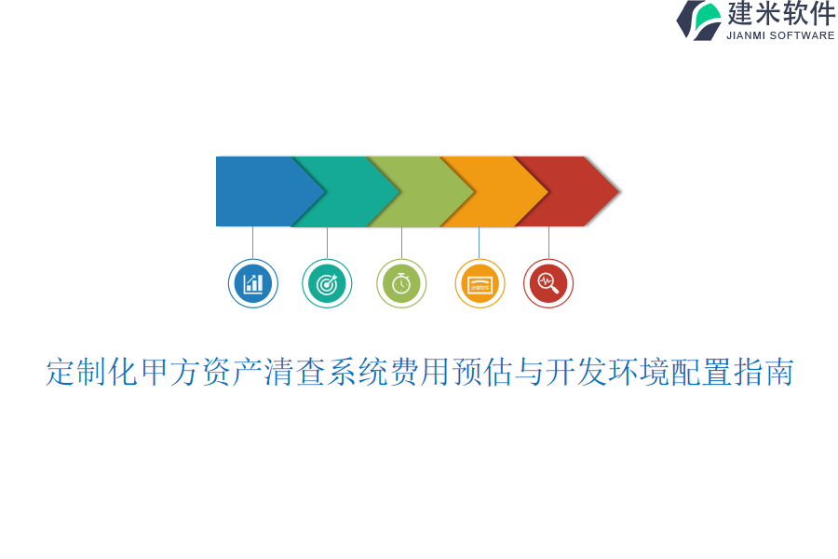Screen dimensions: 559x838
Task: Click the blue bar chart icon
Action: click(253, 283)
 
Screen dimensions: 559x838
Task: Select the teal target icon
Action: click(327, 283)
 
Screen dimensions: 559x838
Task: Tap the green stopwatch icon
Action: click(401, 283)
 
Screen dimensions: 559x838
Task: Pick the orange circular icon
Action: click(480, 283)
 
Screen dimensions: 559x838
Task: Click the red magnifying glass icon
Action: click(548, 283)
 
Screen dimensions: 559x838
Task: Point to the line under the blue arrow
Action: click(252, 242)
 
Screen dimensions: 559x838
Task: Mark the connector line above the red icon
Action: click(548, 242)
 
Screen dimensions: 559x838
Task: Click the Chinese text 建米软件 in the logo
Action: click(781, 14)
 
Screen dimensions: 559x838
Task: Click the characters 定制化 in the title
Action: click(92, 372)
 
